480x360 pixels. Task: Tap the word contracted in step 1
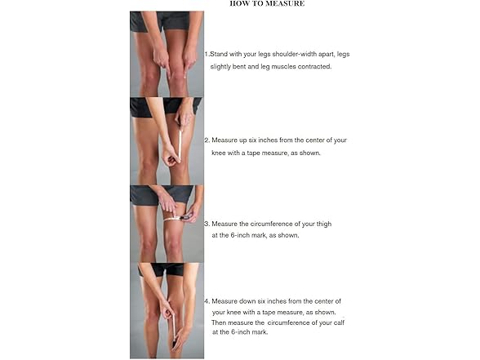tap(314, 66)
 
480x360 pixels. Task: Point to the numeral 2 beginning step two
tap(207, 140)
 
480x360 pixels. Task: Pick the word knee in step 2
tap(219, 153)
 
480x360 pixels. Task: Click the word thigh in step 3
tap(324, 224)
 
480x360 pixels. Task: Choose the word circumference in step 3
tap(272, 224)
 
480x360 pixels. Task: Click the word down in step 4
tap(247, 301)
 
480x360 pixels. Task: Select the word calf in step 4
tap(339, 322)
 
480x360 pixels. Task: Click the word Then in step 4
tap(219, 322)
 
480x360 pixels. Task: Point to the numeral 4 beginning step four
tap(207, 301)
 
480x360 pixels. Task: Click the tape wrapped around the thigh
tap(171, 219)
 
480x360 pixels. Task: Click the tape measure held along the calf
tap(175, 327)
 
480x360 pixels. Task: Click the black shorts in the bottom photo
tap(164, 269)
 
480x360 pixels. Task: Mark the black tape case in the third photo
tap(186, 218)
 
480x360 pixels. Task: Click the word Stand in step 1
tap(219, 54)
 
